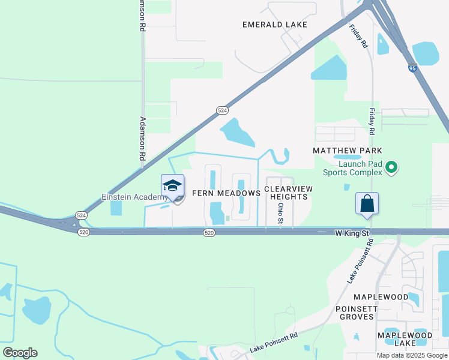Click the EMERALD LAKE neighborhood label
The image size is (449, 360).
(274, 25)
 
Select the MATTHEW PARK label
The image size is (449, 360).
(348, 150)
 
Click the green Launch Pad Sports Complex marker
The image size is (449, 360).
(391, 167)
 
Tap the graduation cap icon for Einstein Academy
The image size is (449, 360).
(172, 185)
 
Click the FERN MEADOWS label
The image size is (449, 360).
(226, 193)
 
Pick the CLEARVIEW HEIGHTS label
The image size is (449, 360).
(288, 193)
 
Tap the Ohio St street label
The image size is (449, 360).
(280, 213)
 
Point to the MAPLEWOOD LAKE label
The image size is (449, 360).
(404, 338)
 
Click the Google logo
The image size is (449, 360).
(20, 353)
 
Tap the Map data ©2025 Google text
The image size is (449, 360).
(412, 355)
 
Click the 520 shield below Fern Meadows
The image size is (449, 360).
(208, 233)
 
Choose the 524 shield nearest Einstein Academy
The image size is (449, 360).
(82, 215)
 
